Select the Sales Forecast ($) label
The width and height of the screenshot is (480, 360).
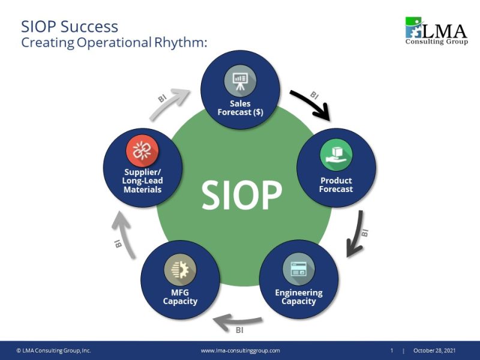point(240,108)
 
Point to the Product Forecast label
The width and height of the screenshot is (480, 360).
point(336,185)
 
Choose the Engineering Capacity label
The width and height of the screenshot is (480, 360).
point(298,296)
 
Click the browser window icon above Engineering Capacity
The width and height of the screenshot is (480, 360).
point(298,268)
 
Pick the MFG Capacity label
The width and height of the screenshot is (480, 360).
point(180,296)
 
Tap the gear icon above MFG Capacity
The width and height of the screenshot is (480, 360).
point(180,268)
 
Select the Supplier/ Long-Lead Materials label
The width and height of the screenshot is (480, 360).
point(143,181)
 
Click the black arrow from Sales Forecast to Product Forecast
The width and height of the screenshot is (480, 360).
point(312,103)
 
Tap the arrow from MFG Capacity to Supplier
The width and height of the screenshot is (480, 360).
point(123,237)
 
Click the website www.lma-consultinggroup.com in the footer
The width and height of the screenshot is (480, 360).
point(240,350)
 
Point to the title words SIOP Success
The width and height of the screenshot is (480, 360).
point(70,26)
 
